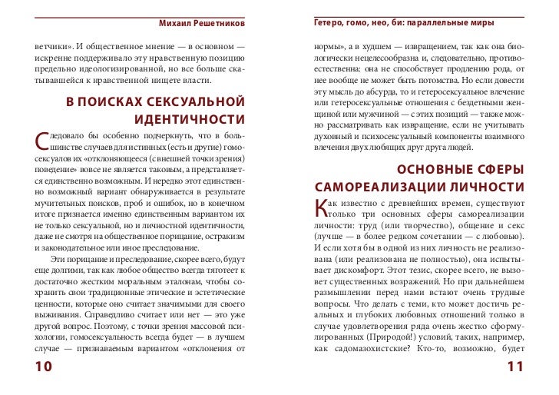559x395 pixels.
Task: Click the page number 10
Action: click(43, 368)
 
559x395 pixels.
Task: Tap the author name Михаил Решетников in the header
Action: click(203, 18)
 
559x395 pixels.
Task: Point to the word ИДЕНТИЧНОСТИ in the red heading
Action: click(189, 121)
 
